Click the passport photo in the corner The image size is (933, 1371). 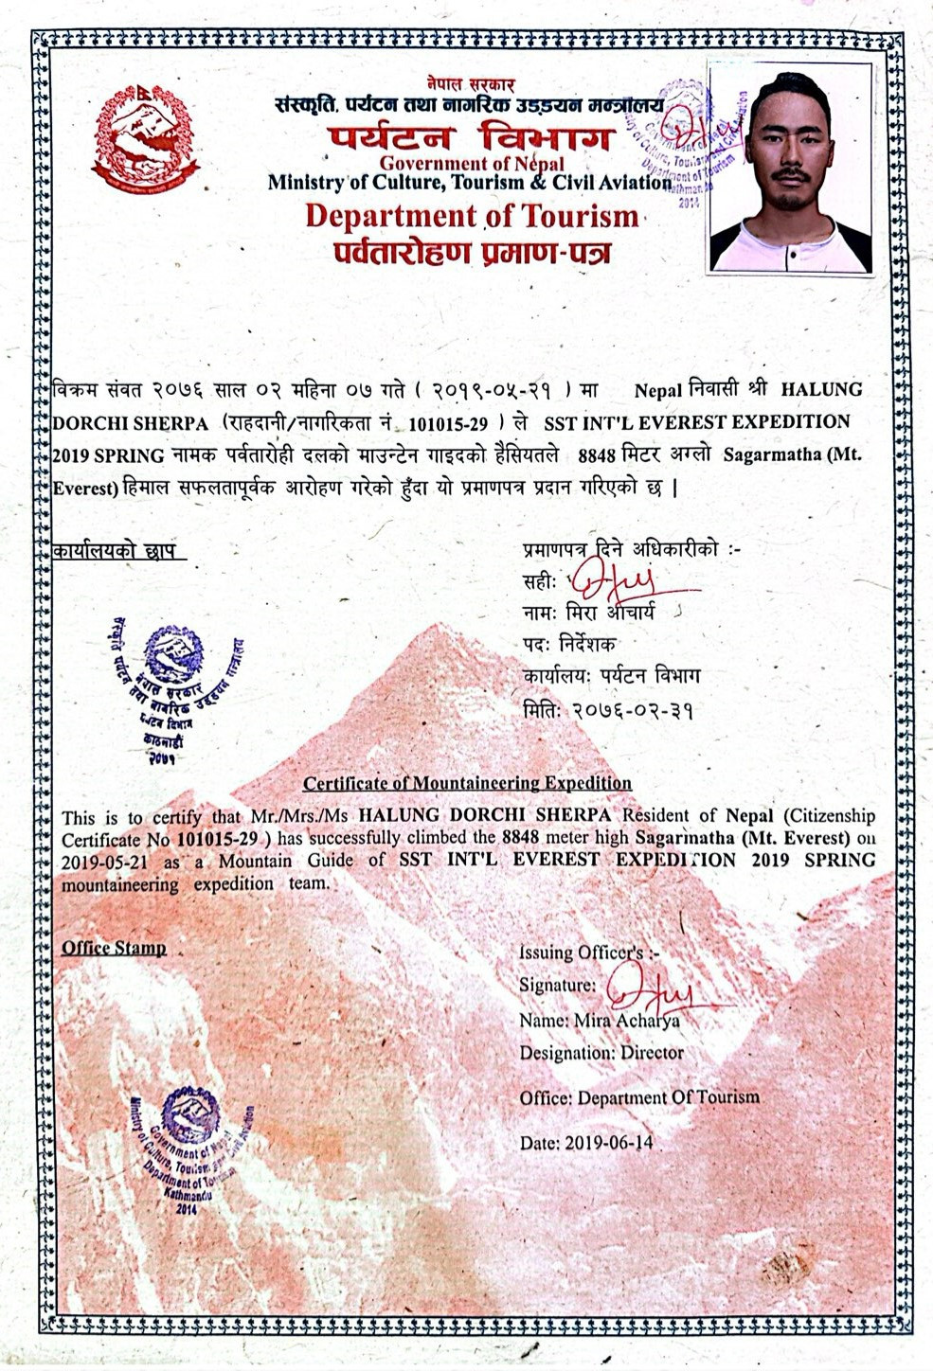pos(790,169)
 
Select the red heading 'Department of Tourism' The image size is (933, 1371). pos(472,216)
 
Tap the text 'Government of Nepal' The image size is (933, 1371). pos(472,164)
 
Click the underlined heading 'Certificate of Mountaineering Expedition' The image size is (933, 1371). pos(467,783)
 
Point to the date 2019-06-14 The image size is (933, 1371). pos(608,1143)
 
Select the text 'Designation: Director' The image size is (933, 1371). pos(601,1053)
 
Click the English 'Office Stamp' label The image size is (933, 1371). pos(114,948)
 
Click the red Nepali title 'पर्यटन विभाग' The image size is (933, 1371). pos(471,138)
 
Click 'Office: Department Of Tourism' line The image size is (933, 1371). pos(639,1097)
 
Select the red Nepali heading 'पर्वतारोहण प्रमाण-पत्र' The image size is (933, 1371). pos(472,253)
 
